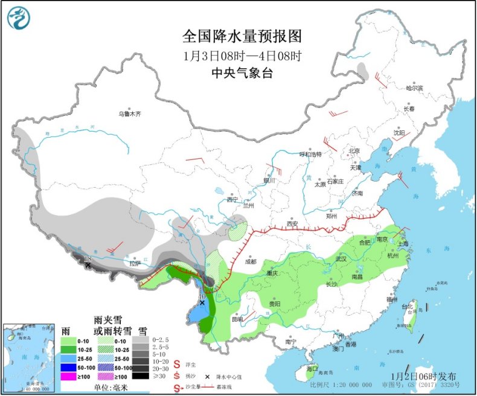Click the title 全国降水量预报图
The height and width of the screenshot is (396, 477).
point(242,36)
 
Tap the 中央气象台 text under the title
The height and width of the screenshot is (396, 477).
point(242,72)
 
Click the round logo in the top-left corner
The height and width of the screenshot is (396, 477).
point(19,18)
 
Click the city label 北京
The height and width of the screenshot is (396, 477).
point(353,151)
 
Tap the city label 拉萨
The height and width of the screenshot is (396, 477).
point(135,263)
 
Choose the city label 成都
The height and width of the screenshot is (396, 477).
point(251,261)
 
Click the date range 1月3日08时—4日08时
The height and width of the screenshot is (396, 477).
point(242,56)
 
